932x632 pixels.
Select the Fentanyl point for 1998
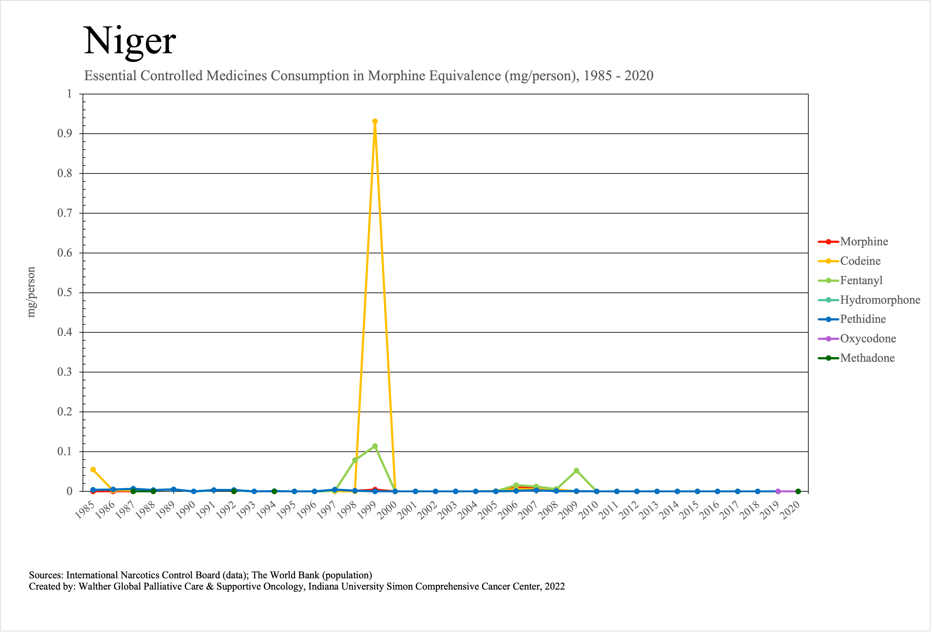pos(355,460)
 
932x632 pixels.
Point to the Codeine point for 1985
pos(93,470)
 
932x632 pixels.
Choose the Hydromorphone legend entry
pos(880,300)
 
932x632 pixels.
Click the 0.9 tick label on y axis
pos(64,134)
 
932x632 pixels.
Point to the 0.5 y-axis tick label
pos(64,293)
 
